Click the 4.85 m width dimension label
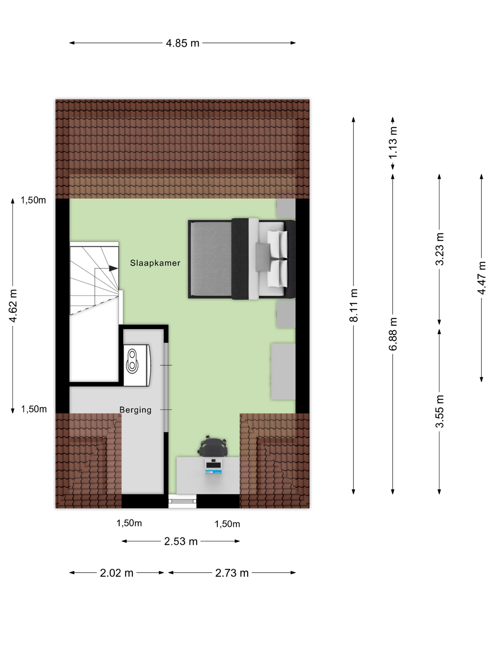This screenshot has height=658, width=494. [x=182, y=43]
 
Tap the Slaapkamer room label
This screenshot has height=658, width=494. [x=155, y=263]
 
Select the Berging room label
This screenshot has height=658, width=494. [x=135, y=410]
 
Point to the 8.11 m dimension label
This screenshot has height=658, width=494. [x=354, y=305]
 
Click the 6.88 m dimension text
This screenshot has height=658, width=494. [x=393, y=334]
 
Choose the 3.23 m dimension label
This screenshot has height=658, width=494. [x=439, y=249]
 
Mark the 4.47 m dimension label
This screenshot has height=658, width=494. [x=482, y=278]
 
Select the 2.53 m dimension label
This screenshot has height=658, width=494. [x=181, y=541]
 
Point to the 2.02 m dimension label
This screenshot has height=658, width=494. [x=116, y=573]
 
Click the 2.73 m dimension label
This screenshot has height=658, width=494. [x=232, y=573]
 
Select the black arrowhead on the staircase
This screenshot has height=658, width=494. [x=113, y=268]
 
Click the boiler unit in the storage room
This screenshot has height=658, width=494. [x=137, y=365]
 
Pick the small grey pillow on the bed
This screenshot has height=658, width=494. [x=263, y=257]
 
